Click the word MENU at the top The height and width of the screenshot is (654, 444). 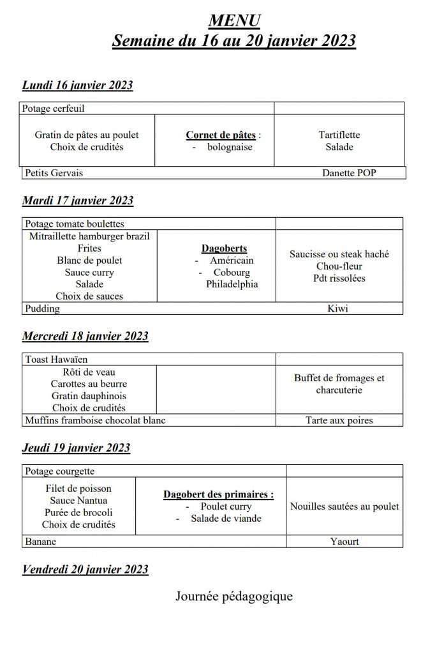[234, 21]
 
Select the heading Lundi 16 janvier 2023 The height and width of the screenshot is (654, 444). [77, 86]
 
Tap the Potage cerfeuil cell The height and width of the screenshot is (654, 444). [54, 109]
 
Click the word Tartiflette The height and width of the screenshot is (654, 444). [339, 135]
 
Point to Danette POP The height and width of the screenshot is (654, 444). [349, 172]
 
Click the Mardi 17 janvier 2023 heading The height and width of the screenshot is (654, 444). [77, 201]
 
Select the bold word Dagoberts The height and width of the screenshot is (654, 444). [224, 248]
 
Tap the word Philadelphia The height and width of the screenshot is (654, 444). [232, 284]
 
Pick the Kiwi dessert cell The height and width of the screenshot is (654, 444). [338, 308]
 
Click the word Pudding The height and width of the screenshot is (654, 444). [42, 308]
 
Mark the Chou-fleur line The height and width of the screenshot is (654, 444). [339, 266]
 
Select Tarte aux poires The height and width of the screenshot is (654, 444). [339, 420]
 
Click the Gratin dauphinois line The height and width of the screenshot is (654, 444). [89, 396]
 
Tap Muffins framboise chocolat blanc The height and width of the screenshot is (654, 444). [95, 420]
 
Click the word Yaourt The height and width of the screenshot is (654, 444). [344, 542]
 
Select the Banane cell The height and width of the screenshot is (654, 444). [41, 542]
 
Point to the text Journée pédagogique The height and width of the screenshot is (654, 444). [234, 597]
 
